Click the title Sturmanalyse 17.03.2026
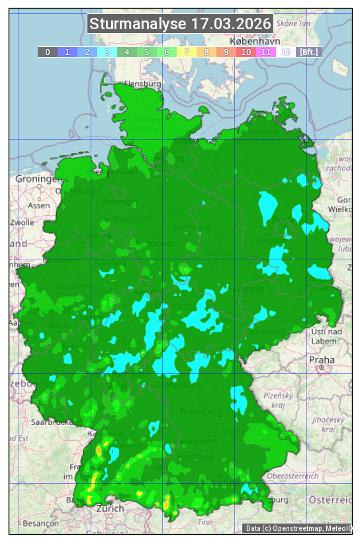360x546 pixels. [180, 24]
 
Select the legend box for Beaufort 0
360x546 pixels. [48, 52]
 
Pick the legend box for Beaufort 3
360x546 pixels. [107, 52]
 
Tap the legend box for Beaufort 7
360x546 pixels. [187, 52]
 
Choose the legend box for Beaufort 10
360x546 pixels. [246, 52]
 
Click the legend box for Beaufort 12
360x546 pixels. [286, 52]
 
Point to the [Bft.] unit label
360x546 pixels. [308, 52]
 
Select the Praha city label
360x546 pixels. [322, 359]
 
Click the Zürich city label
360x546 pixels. [110, 508]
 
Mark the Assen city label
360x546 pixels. [39, 205]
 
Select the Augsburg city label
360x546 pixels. [196, 457]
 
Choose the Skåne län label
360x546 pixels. [294, 23]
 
